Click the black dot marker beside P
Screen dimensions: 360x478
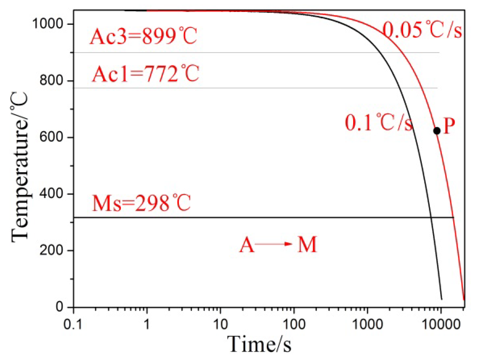437,131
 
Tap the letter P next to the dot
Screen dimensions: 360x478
449,126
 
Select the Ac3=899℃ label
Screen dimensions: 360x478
143,37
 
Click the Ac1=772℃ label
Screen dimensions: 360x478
145,74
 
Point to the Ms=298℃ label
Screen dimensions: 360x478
141,203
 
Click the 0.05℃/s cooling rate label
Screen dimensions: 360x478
422,30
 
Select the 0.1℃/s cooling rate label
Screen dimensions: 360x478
378,123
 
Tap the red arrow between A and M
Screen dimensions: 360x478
273,244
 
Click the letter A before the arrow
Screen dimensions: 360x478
247,245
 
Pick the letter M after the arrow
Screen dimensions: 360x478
307,244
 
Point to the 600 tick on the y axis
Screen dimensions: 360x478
51,137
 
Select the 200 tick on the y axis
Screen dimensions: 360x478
51,250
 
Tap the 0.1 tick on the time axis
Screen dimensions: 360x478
73,325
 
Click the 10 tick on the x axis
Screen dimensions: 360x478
220,325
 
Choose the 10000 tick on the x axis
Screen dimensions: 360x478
441,325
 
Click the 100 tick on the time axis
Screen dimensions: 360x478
294,325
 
